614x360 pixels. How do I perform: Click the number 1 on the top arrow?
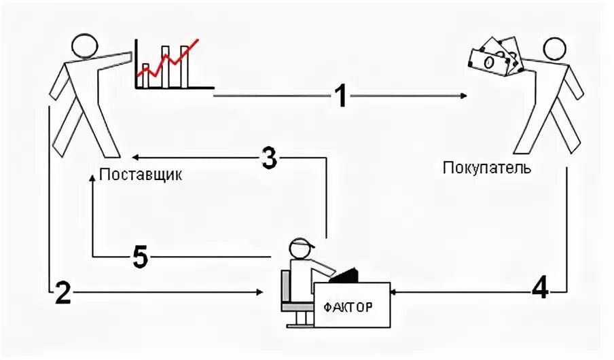(x=340, y=96)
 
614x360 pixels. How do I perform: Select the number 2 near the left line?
(x=62, y=292)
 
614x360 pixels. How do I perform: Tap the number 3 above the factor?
(x=269, y=158)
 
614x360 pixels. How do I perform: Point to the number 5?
(x=139, y=257)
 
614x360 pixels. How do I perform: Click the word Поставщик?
(x=141, y=175)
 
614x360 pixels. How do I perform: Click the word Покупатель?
(x=486, y=167)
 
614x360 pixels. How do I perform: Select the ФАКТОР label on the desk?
(x=348, y=307)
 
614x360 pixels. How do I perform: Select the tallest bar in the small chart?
(x=185, y=66)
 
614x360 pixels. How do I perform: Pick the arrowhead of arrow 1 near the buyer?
(x=463, y=96)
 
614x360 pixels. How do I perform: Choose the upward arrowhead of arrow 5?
(x=92, y=178)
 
